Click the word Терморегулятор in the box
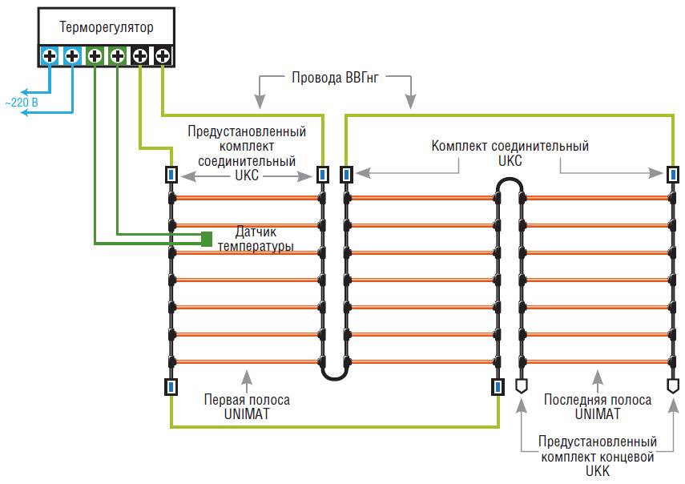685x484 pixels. (x=106, y=29)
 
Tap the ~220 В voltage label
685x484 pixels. (x=22, y=104)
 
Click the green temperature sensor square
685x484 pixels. (x=207, y=238)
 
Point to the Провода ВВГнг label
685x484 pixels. (x=334, y=77)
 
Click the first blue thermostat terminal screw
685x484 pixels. (x=49, y=56)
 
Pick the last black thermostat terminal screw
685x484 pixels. (x=162, y=56)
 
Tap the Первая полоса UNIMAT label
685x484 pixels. (x=247, y=406)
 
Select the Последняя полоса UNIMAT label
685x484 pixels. (x=592, y=406)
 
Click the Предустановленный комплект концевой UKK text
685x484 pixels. (x=598, y=457)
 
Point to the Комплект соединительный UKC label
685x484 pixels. (x=510, y=153)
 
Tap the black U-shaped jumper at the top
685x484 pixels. (x=509, y=187)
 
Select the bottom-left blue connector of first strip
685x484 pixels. (x=171, y=388)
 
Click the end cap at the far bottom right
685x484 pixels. (x=671, y=385)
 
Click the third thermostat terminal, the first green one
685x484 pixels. (x=95, y=56)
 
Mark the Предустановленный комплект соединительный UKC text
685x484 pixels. (x=246, y=153)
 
